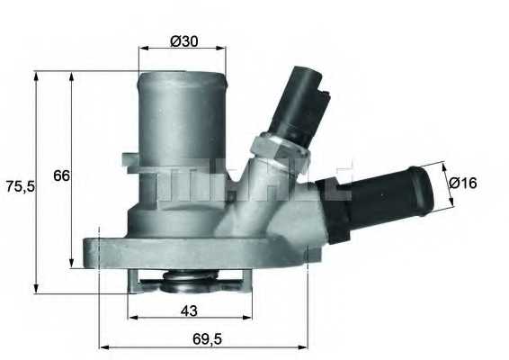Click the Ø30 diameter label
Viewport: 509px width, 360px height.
(183, 40)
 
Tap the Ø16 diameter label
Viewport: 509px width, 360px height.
(462, 183)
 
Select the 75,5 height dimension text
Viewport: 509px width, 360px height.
(19, 186)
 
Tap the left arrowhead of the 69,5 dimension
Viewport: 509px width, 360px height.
(102, 345)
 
